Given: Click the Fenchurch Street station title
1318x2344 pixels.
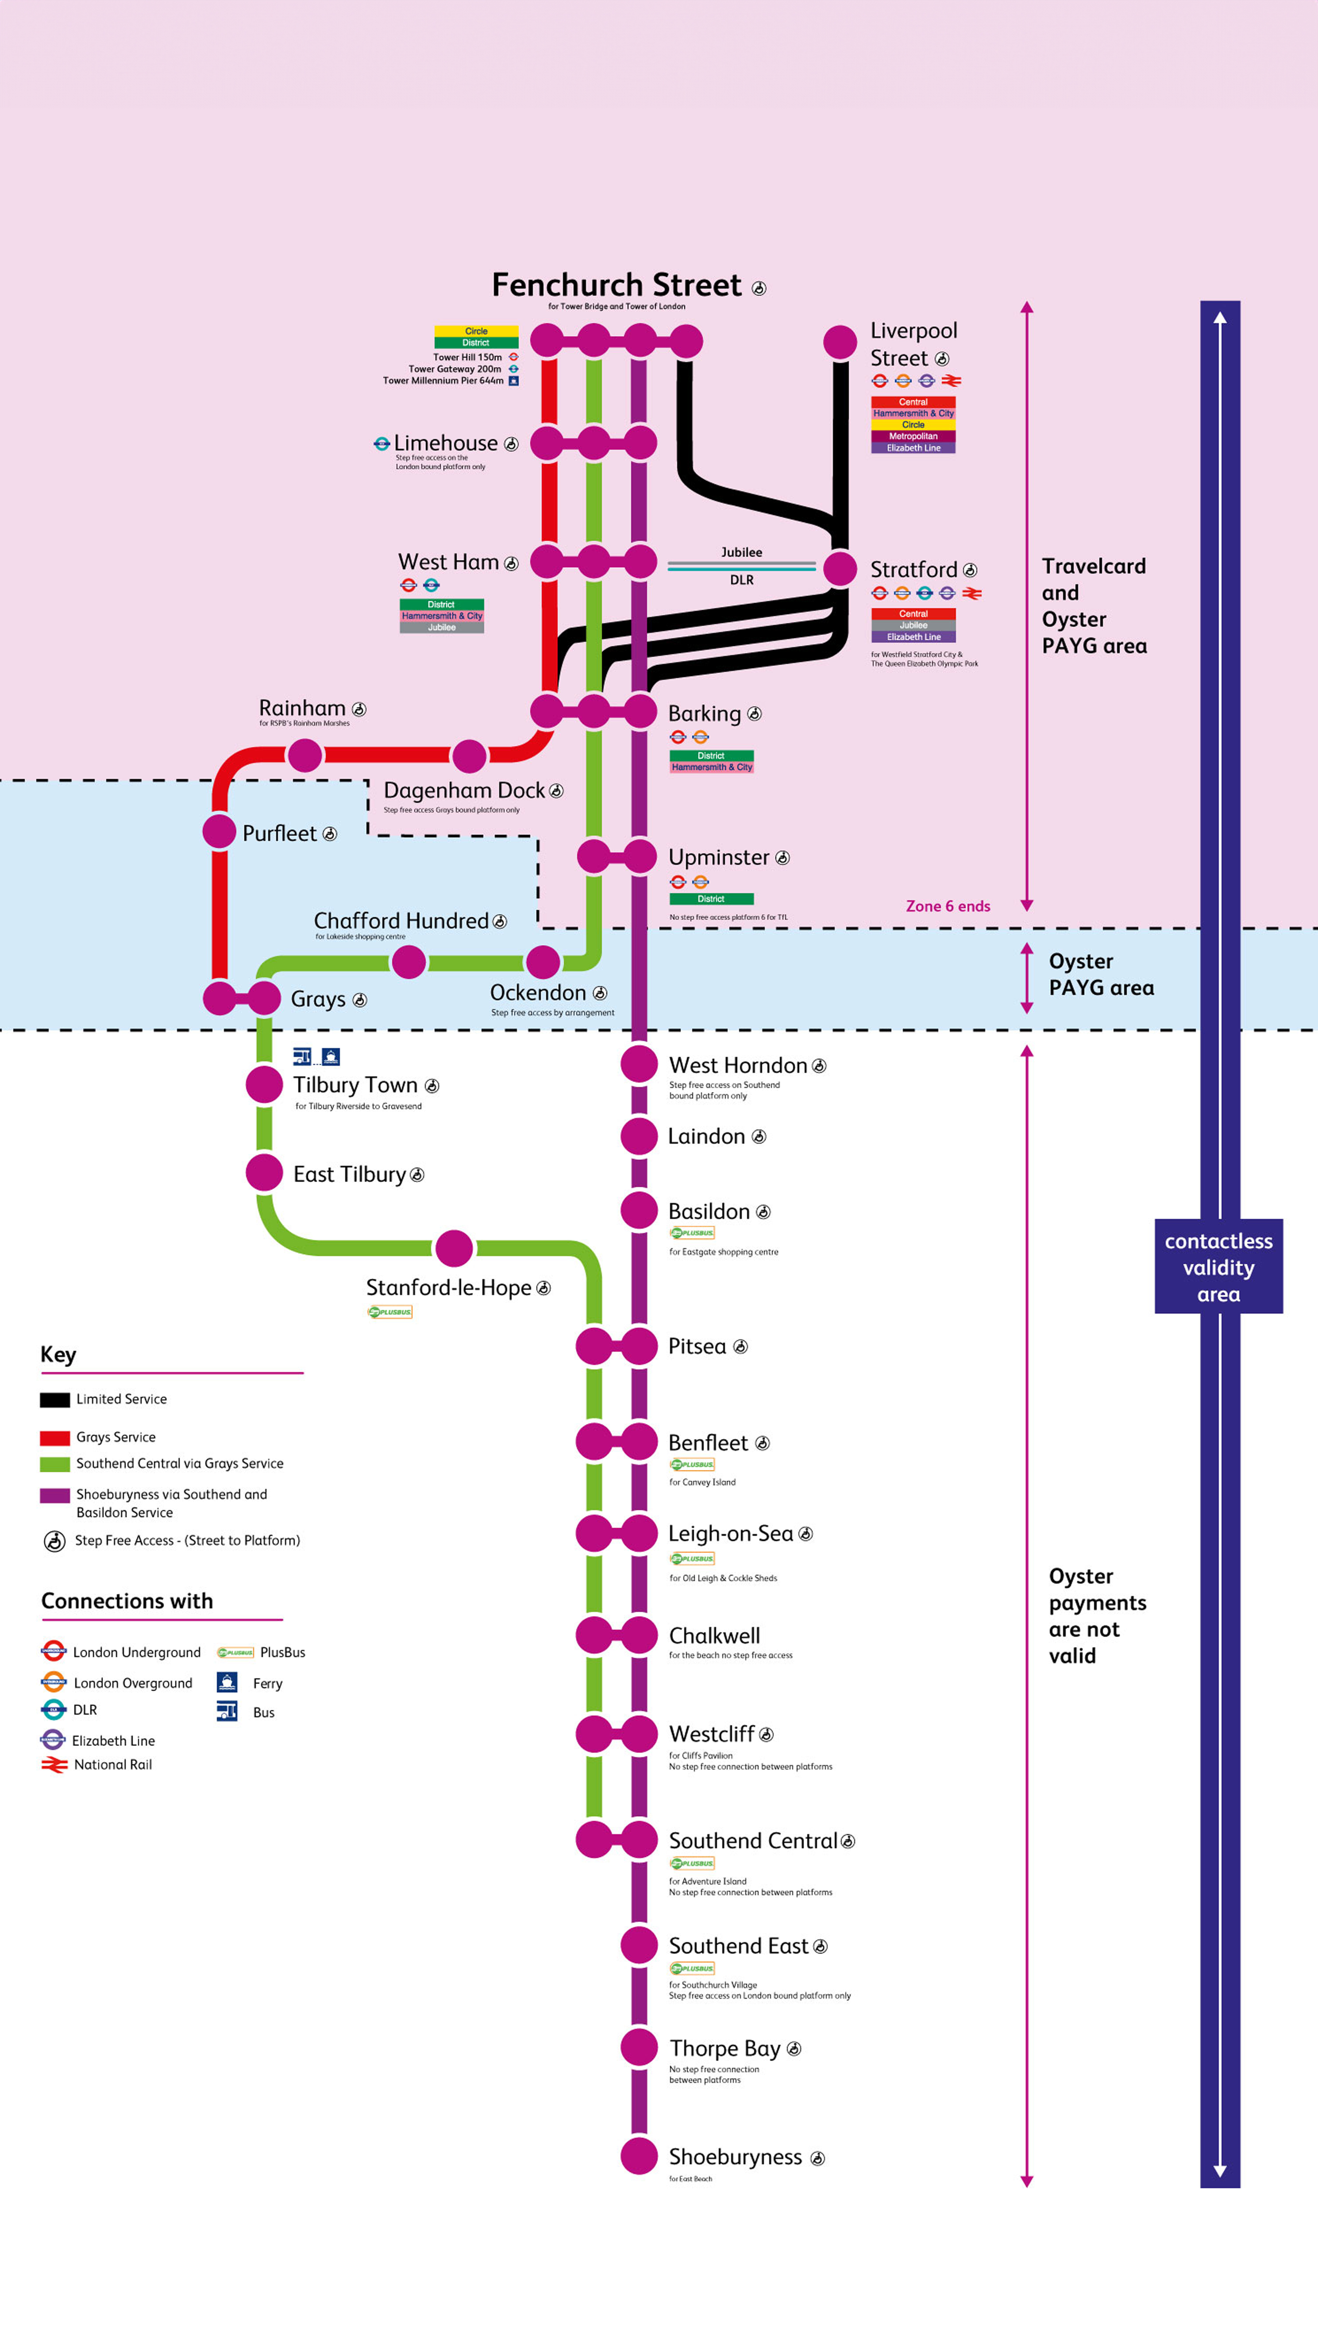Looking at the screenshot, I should point(617,285).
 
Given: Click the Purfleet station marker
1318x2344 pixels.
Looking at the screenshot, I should point(219,832).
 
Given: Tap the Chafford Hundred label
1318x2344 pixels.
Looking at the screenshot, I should point(401,921).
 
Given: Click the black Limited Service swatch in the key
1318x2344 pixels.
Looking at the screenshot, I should point(54,1399).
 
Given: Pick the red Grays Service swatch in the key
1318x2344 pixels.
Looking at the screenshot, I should point(54,1438).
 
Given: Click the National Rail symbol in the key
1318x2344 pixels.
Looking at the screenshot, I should point(54,1764).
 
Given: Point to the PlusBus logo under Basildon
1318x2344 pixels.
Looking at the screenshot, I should point(692,1233).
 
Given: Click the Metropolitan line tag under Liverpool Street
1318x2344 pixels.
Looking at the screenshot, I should point(913,436).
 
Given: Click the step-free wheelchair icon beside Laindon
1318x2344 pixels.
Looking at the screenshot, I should point(759,1137).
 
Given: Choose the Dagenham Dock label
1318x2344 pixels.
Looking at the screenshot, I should point(464,790).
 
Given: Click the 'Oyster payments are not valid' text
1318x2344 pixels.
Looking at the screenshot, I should point(1097,1615).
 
